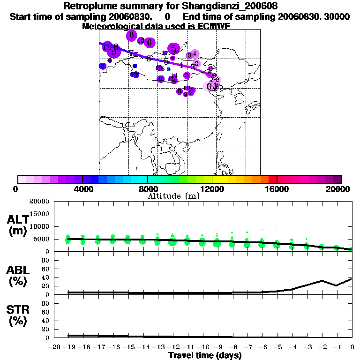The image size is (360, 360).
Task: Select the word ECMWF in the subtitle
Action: tap(214, 26)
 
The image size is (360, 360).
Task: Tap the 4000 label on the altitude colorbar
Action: tap(82, 189)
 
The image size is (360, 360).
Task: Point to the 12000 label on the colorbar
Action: tap(212, 189)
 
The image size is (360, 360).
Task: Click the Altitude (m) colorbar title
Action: tap(173, 196)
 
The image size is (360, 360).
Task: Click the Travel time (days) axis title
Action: tap(205, 355)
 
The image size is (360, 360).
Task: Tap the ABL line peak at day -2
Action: tap(322, 281)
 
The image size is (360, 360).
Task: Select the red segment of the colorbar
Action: tap(272, 179)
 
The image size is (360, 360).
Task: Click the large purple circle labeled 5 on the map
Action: tap(174, 48)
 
